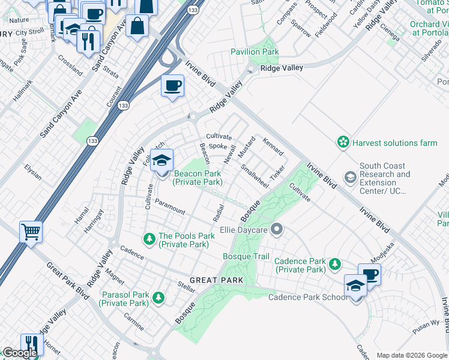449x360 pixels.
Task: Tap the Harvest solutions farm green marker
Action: [343, 143]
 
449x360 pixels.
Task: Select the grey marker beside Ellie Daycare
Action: [276, 229]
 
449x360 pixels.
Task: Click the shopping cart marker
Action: [31, 231]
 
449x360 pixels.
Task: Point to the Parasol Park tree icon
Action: [158, 298]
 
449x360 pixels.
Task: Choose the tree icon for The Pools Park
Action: [149, 239]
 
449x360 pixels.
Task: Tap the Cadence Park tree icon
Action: [335, 264]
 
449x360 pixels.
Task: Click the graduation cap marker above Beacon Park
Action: [161, 160]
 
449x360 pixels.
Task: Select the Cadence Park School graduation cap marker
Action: [355, 286]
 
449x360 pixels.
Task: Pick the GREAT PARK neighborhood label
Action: [216, 280]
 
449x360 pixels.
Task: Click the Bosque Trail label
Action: [246, 257]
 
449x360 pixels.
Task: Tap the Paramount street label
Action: [170, 206]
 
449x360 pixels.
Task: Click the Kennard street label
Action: [273, 146]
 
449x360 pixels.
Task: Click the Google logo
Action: [19, 353]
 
